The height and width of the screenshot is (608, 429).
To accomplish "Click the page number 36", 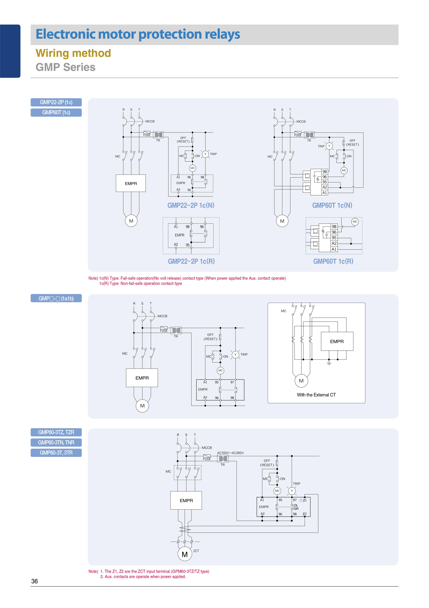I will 35,581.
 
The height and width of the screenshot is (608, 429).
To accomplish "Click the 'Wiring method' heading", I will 73,53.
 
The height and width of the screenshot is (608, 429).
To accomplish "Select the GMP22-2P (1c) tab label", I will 56,102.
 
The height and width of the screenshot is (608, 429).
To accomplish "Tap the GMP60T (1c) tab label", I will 56,113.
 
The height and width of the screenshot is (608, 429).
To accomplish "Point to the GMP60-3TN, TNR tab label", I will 56,443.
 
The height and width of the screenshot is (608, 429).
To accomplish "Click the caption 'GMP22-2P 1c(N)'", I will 191,205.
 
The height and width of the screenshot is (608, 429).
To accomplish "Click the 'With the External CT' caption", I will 316,395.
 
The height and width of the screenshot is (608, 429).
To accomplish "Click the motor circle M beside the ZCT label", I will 185,554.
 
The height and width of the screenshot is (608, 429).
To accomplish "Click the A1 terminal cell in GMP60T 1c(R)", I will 334,249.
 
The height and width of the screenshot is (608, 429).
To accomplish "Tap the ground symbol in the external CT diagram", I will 329,363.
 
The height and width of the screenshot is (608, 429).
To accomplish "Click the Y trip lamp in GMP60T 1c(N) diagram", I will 329,146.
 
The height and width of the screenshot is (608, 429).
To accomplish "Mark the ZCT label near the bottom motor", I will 196,551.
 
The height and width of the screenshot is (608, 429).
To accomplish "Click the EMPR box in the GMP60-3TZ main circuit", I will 186,501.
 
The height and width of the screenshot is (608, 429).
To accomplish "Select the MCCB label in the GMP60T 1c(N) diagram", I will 301,121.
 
